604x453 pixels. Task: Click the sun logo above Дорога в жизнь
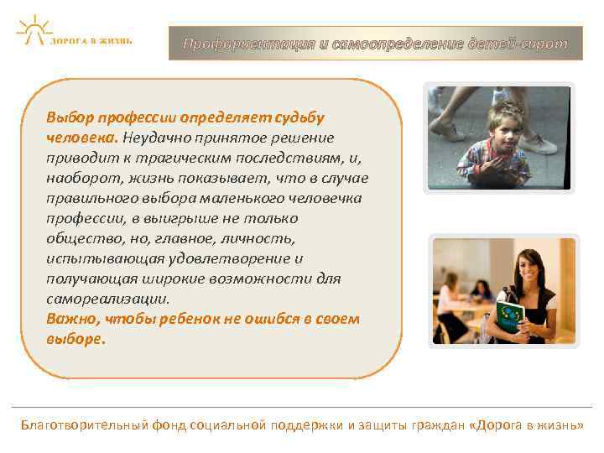click(34, 28)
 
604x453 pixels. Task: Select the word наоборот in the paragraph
click(79, 178)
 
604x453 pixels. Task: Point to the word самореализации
click(107, 299)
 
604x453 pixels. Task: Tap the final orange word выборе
click(75, 339)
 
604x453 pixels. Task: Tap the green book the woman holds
click(509, 317)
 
